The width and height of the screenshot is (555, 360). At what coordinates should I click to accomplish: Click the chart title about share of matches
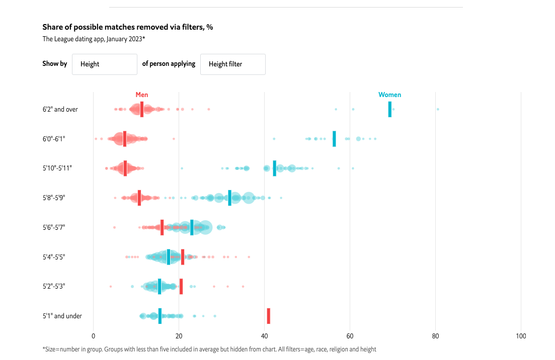(127, 27)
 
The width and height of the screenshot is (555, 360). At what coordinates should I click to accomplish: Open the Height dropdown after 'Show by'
(105, 64)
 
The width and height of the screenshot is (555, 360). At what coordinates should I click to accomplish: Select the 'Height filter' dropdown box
(232, 64)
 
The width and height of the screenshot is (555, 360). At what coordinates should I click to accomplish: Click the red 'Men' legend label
(142, 95)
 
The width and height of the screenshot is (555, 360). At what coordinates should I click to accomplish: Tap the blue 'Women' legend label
(389, 95)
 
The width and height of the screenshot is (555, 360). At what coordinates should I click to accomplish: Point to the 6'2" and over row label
(60, 109)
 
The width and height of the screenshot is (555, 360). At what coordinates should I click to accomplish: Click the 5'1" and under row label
(62, 316)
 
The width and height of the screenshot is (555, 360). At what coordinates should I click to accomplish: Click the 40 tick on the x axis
(264, 336)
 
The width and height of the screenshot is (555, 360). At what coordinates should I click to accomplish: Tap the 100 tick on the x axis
(521, 336)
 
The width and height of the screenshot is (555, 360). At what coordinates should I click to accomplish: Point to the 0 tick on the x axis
(94, 336)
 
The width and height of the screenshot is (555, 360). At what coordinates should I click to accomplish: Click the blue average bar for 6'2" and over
(389, 109)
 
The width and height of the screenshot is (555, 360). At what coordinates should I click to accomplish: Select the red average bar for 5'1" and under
(268, 316)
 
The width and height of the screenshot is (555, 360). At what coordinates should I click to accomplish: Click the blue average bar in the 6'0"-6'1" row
(334, 139)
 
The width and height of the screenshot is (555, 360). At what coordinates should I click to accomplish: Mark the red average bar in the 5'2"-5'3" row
(181, 286)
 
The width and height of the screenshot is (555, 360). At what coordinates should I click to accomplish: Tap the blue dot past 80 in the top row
(438, 109)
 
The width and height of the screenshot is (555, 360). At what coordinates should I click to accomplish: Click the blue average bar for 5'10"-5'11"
(274, 168)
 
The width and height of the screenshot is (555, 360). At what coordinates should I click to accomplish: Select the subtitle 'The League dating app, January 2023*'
(94, 39)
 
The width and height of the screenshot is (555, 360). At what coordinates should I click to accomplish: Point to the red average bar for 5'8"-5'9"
(139, 198)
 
